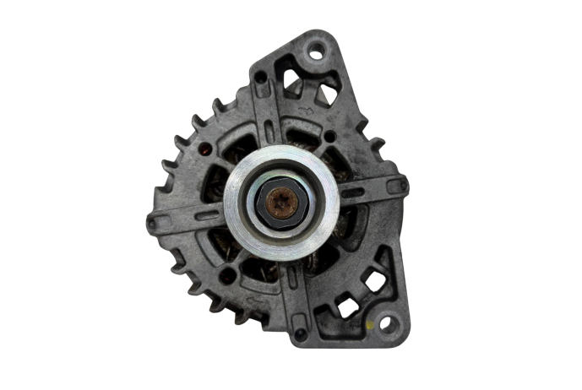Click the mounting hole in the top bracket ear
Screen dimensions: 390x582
pos(315,53)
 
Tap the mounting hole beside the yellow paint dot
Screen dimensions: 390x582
pos(385,322)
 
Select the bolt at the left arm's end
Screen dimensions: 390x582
pos(152,223)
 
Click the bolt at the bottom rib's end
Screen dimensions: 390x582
pos(301,333)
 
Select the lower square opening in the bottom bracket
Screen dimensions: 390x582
pos(347,306)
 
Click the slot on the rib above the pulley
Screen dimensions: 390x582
pos(268,133)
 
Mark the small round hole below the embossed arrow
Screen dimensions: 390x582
pos(329,135)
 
